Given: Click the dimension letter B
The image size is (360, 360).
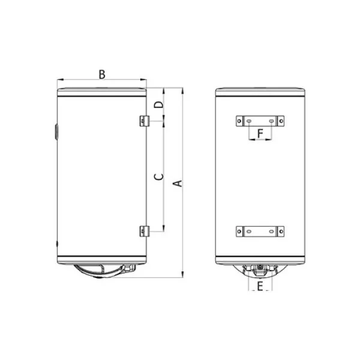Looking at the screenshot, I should [x=102, y=74].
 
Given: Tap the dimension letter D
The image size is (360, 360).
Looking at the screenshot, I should [x=158, y=105].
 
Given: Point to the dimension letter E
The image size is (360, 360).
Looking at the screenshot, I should [x=260, y=289].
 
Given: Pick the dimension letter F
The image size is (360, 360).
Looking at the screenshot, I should [x=260, y=132].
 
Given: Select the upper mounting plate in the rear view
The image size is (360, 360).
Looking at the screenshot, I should [x=260, y=121].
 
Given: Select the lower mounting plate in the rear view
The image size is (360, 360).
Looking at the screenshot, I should [x=260, y=230].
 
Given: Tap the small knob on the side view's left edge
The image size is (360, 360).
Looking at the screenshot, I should [x=56, y=130].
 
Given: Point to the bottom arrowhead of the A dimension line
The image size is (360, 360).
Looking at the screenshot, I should [x=182, y=276].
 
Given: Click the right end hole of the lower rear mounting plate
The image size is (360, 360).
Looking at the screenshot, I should [x=279, y=230].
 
